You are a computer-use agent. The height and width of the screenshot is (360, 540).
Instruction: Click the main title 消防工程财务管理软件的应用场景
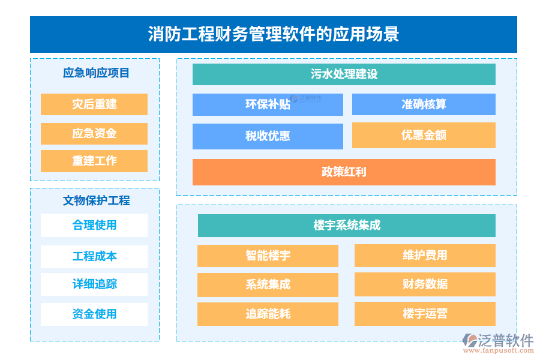pos(273,34)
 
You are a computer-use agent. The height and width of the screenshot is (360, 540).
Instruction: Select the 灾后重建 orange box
pos(94,104)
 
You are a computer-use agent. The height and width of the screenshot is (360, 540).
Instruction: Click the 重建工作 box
pos(94,161)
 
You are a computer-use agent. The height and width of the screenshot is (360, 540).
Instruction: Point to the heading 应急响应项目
pos(96,73)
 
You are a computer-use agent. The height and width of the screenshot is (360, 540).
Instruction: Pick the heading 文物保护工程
pos(96,200)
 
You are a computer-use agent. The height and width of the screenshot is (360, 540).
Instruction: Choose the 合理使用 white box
pos(94,226)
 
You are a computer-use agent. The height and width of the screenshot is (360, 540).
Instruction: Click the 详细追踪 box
pos(94,284)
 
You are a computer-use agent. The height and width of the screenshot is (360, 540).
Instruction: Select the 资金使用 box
pos(94,314)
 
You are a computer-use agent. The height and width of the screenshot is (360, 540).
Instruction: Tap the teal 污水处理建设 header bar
pos(344,74)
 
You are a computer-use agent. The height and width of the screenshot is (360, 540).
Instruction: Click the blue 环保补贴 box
pos(268,104)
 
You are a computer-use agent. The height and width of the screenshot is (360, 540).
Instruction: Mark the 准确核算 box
pos(424,104)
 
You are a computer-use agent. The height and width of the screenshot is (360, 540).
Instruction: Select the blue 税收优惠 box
pos(268,136)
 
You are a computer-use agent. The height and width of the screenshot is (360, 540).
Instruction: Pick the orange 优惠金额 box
pos(424,136)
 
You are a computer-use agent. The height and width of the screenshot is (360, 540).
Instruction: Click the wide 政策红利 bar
pos(344,172)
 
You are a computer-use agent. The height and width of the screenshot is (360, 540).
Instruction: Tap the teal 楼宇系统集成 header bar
pos(347,226)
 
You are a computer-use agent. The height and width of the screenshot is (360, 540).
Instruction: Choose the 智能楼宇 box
pos(268,256)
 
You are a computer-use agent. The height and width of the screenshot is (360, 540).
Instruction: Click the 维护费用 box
pos(425,256)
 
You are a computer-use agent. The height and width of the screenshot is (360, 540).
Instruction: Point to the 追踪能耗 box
pos(268,314)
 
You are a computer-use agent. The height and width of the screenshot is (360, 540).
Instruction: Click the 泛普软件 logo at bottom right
pos(498,343)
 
